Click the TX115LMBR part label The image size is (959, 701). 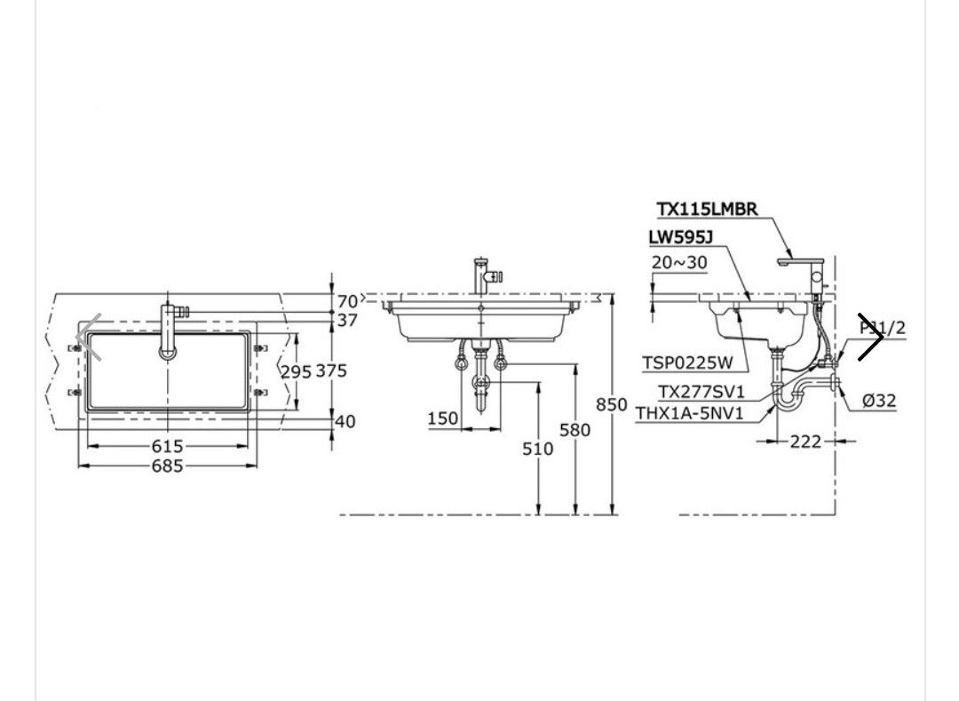pos(707,209)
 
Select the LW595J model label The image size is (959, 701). pos(681,236)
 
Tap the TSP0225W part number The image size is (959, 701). pos(687,362)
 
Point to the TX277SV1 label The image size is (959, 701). pos(701,392)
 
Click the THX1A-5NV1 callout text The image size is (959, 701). pos(689,413)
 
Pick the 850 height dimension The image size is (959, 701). pos(612,404)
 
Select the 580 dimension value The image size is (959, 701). pos(575,430)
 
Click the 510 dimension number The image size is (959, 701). pos(537,449)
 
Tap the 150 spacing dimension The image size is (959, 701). pos(443,418)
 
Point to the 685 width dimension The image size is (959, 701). pos(168,466)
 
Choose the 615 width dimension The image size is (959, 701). pos(168,447)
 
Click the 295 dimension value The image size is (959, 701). pos(297,371)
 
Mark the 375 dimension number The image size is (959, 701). pos(331,370)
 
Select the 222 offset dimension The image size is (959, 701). pos(805,441)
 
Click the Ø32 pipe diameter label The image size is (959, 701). pos(879,401)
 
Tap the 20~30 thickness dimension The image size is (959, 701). pos(679,262)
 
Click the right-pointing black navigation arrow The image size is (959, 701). pos(871,337)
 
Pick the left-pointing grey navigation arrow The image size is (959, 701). pos(90,337)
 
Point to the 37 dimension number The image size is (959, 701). pos(347,320)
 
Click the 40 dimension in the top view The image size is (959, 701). pos(345,421)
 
